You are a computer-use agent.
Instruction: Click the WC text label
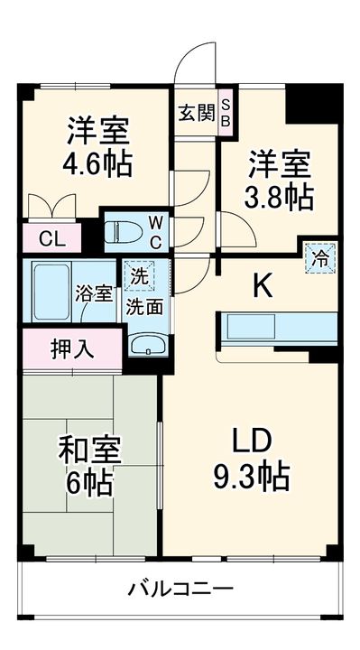(x=155, y=231)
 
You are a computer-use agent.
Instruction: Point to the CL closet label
(x=51, y=240)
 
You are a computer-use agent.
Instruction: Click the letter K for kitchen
(x=262, y=286)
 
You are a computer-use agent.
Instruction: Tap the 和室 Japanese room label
(x=90, y=449)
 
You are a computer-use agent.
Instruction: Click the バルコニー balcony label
(x=180, y=590)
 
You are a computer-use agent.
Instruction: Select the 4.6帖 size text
(x=99, y=163)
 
